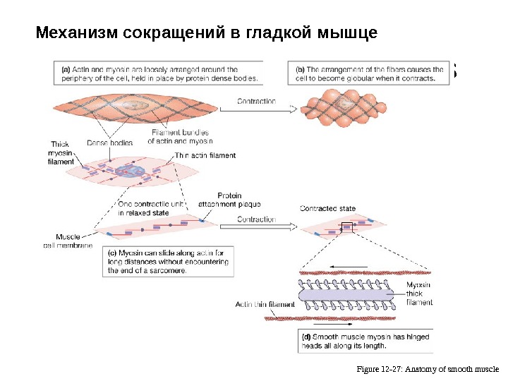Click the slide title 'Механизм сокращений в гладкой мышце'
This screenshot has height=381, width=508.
tap(207, 33)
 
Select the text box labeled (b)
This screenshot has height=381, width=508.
tap(370, 74)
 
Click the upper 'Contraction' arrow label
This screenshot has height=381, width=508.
tap(255, 102)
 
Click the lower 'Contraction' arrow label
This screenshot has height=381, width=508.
tap(255, 219)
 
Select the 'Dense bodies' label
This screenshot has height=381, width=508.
tap(109, 143)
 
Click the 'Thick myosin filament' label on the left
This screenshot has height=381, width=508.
tap(61, 153)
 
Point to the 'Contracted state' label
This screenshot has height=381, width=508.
tap(327, 209)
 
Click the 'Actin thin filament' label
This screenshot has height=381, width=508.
tap(265, 305)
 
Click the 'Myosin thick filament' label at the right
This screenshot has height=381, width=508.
tap(419, 294)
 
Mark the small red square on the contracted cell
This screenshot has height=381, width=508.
tap(346, 226)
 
